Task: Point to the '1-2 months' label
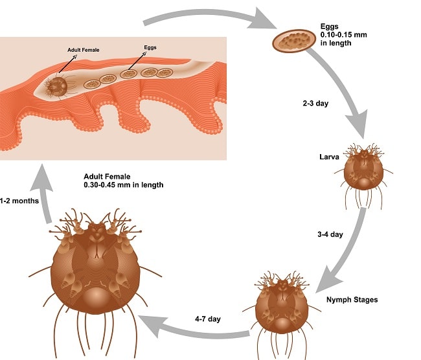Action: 19,201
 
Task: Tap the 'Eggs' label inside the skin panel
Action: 150,47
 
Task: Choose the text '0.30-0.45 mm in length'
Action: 124,185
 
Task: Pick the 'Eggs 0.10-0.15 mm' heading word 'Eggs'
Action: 328,27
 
